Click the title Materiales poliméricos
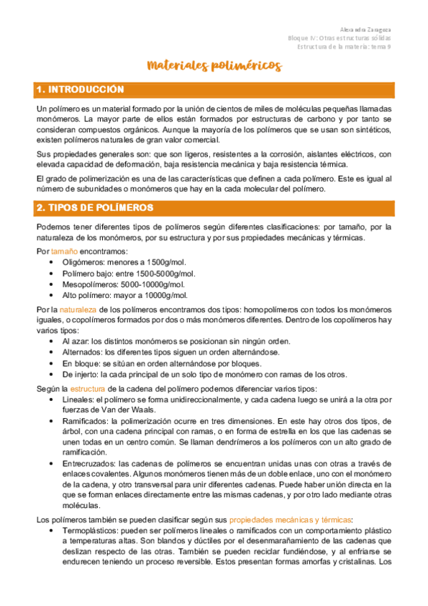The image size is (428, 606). (214, 66)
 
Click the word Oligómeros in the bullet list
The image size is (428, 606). (83, 263)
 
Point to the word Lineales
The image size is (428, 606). (78, 399)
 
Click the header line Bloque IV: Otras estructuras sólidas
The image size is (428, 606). (339, 38)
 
